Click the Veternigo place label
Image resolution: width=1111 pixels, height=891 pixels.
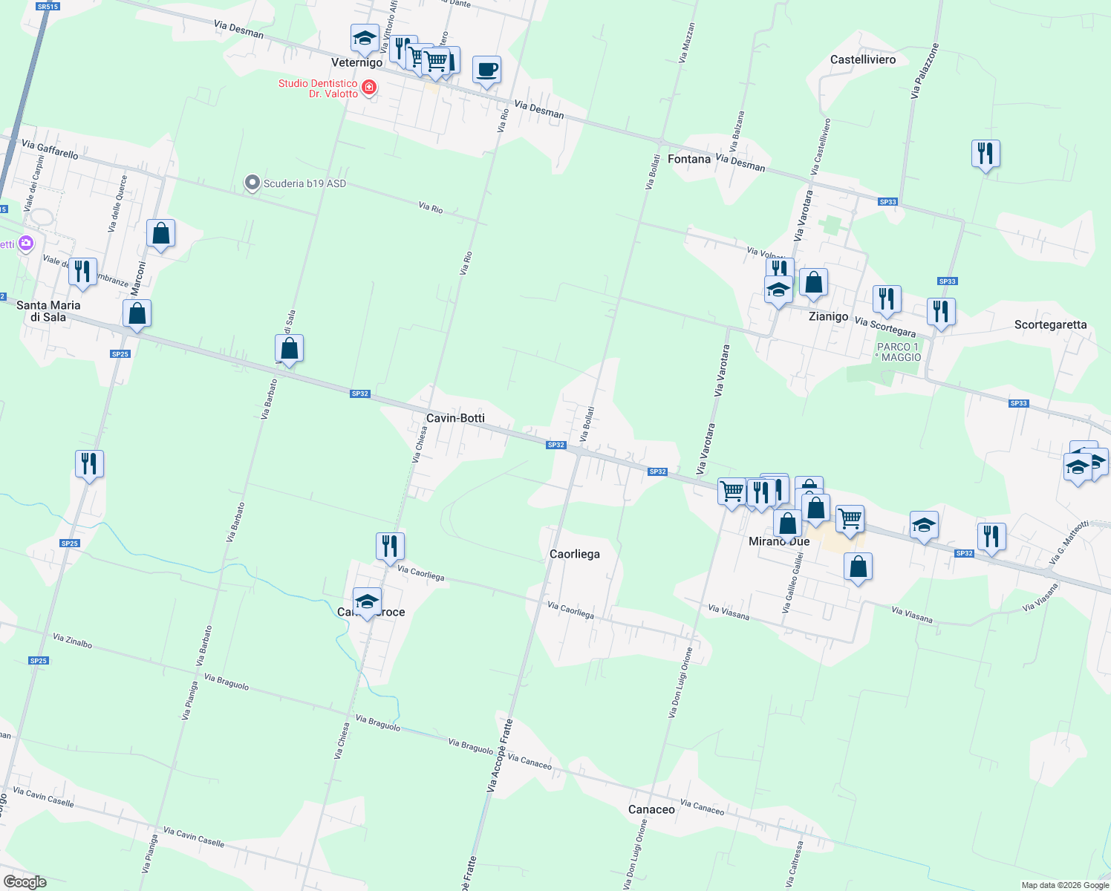coord(356,62)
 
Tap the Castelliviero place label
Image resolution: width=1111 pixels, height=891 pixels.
coord(863,59)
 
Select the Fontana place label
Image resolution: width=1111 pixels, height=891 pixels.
coord(689,159)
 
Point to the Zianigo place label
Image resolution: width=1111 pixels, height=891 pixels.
coord(828,316)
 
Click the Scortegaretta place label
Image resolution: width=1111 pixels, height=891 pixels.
coord(1050,324)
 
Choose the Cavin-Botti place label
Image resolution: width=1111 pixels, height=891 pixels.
coord(455,418)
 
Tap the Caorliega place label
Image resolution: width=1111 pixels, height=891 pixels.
coord(574,554)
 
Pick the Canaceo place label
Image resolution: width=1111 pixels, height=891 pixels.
coord(651,809)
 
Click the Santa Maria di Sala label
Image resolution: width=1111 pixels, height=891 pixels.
coord(48,311)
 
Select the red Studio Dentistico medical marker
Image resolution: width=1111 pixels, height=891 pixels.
coord(368,88)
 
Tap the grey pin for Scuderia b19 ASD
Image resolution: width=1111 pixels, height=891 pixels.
coord(252,183)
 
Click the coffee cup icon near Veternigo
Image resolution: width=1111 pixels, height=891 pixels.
coord(486,71)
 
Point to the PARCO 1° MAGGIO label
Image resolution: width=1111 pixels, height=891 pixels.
coord(898,352)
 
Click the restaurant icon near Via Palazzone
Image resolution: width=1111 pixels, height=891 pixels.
coord(985,154)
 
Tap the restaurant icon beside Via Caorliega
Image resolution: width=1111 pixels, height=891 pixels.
coord(390,546)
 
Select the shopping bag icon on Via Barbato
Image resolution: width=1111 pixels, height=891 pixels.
coord(289,348)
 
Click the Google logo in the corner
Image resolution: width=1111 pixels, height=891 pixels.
coord(25,882)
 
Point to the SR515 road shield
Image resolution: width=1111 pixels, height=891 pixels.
coord(47,7)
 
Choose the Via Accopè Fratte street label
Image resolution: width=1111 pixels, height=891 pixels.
coord(500,756)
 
